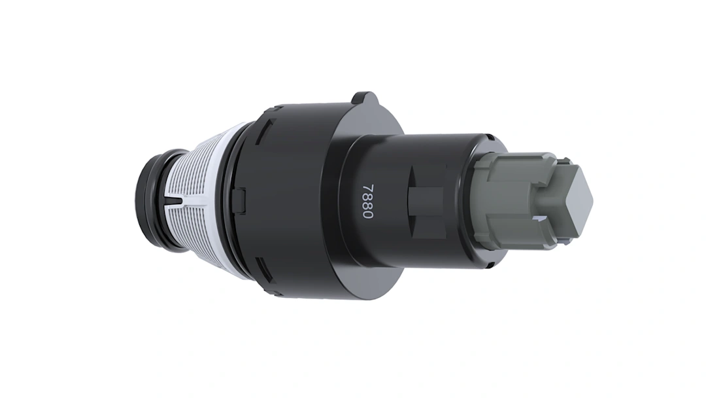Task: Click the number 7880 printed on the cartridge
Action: (368, 202)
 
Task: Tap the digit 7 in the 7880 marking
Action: (369, 187)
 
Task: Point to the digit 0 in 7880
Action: (368, 215)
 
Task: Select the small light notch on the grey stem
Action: (539, 218)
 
